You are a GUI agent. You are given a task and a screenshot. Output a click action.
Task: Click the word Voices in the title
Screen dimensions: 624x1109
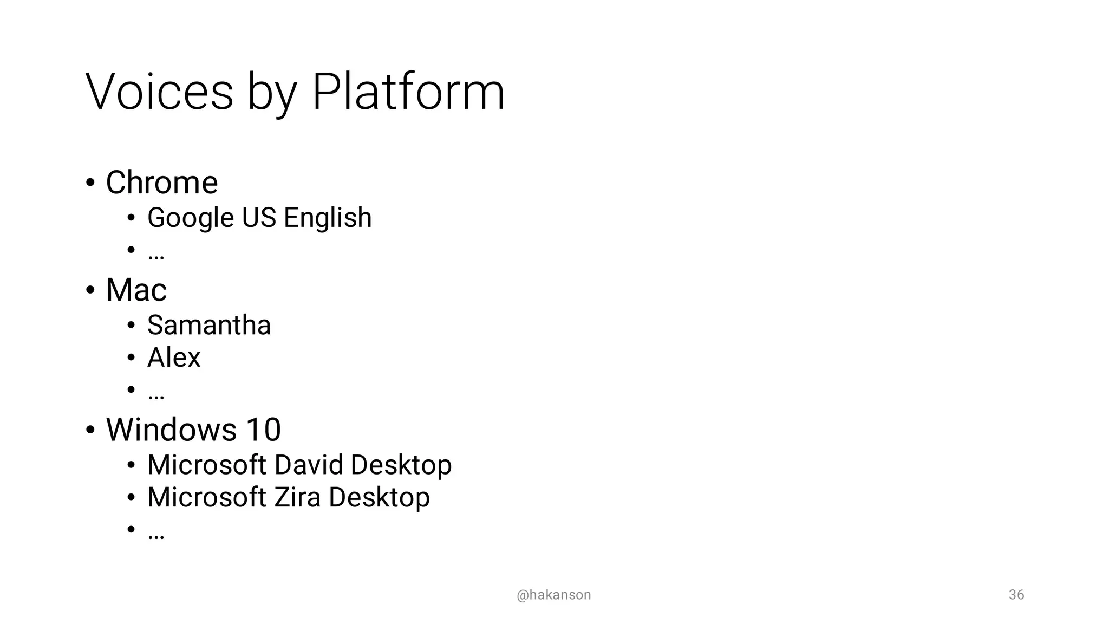point(159,92)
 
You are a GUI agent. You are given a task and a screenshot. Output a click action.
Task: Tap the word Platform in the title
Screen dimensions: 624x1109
point(408,92)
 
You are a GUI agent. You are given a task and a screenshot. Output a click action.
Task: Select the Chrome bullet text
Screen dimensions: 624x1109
point(162,183)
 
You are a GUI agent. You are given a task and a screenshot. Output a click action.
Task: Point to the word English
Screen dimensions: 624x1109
point(328,218)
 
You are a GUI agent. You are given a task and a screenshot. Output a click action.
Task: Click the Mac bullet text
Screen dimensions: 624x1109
point(136,290)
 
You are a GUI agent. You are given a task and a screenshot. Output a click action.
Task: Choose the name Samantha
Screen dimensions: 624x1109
point(209,325)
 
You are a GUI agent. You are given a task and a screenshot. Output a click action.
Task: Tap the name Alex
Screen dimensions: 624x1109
point(174,357)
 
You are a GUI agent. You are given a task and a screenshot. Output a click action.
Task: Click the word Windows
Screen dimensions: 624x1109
point(171,430)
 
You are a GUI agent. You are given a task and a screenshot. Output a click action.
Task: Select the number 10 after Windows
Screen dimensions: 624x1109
point(264,430)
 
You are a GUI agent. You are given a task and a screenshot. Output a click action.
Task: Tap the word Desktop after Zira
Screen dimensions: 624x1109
point(379,497)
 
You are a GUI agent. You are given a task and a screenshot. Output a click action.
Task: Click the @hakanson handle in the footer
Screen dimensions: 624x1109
point(554,595)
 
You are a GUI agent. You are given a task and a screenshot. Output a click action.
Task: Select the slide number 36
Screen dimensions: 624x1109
point(1016,595)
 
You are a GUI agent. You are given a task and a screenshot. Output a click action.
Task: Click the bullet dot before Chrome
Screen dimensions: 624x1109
point(90,183)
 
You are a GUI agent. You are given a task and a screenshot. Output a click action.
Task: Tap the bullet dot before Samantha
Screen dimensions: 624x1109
point(131,326)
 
